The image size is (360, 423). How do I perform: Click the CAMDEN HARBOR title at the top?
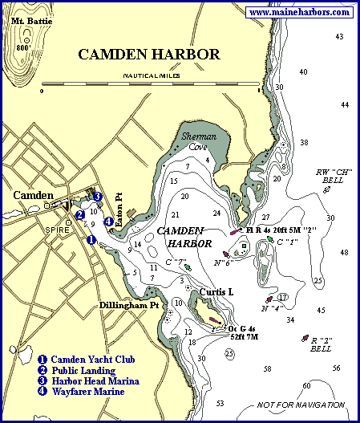point(148,55)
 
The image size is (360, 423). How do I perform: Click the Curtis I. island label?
point(216,293)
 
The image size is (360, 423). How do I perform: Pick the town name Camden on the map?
point(33,196)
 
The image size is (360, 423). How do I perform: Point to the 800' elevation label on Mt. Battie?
point(23,47)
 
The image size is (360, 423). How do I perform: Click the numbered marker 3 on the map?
point(97,197)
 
